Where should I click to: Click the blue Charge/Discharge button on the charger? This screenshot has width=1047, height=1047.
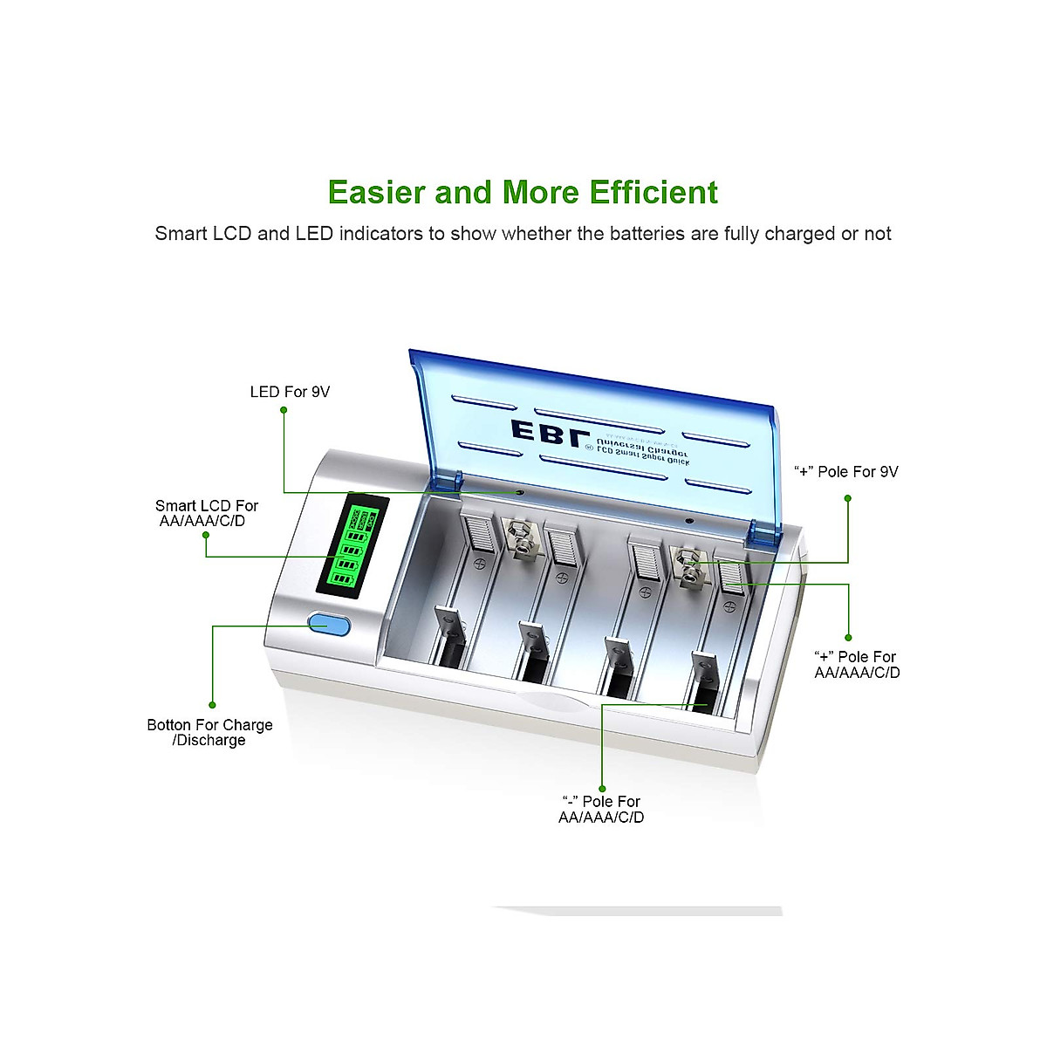(328, 625)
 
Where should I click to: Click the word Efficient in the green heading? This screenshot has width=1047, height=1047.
(654, 192)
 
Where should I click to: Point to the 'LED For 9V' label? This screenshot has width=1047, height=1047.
(290, 392)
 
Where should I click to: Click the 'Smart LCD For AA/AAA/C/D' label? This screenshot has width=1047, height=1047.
(207, 513)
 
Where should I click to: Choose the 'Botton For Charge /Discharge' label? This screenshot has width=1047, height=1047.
(209, 732)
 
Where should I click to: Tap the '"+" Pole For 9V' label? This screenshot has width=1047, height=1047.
(845, 472)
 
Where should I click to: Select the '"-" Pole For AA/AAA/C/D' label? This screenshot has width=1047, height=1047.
(601, 809)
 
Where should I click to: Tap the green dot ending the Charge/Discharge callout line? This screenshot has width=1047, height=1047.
(212, 705)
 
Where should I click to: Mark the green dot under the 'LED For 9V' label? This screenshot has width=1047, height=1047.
(284, 409)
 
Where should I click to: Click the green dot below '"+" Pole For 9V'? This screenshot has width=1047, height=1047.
(847, 498)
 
